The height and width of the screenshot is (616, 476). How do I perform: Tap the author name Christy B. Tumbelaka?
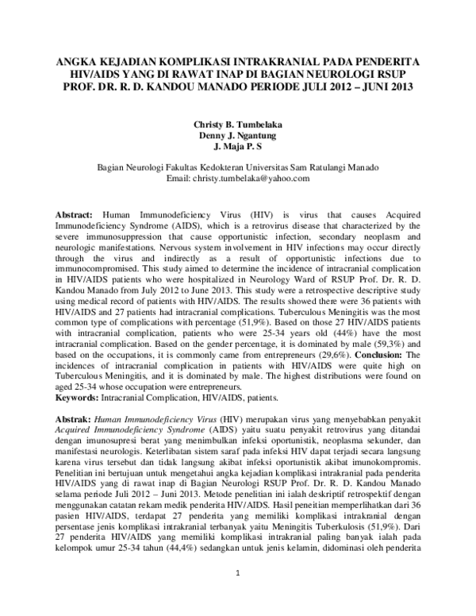[238, 125]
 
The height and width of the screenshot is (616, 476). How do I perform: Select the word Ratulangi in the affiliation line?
[325, 168]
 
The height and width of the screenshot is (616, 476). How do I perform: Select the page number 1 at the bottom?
[237, 595]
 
